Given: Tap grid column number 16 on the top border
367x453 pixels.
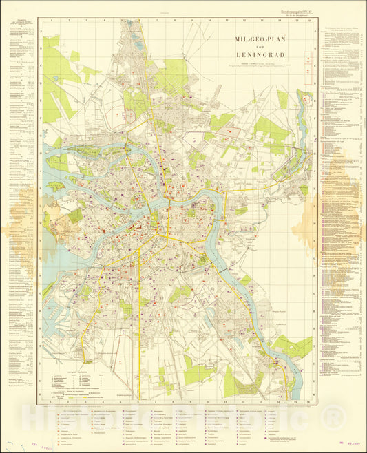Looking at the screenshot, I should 309,21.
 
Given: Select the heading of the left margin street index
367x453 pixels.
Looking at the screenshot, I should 20,23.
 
